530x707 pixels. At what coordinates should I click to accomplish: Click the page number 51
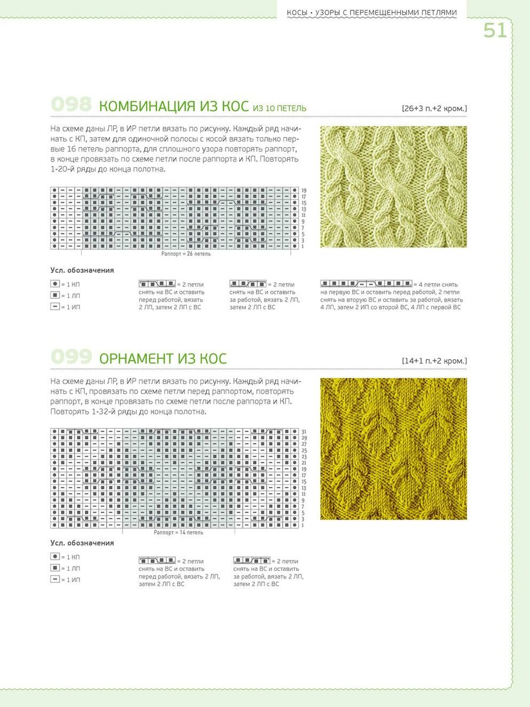(495, 30)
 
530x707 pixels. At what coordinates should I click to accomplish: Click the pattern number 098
(71, 105)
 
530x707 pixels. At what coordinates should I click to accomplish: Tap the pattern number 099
(71, 357)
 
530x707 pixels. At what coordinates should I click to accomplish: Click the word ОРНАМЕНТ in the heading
(137, 358)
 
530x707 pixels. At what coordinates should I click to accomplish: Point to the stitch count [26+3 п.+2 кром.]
(435, 108)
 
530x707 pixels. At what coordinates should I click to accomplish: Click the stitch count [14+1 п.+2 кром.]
(435, 360)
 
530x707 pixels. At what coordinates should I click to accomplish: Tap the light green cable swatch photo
(393, 187)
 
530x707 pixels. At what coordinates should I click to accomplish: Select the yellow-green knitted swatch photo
(393, 448)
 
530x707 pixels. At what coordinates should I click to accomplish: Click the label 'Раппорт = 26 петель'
(185, 254)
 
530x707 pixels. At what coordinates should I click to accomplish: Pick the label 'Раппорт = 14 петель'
(178, 532)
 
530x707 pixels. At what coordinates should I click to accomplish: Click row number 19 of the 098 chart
(303, 191)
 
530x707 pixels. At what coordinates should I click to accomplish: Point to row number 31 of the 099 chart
(303, 432)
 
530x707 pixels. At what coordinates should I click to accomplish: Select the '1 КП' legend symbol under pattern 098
(55, 284)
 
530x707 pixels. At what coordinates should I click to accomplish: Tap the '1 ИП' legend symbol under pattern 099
(55, 580)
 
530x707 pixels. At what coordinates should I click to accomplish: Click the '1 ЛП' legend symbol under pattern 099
(55, 568)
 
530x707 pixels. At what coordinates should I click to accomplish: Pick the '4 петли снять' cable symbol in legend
(366, 284)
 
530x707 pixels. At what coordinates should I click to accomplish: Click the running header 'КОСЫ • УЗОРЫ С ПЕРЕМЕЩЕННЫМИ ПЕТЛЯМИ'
(371, 12)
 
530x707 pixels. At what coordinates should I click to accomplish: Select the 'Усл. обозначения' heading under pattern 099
(82, 543)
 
